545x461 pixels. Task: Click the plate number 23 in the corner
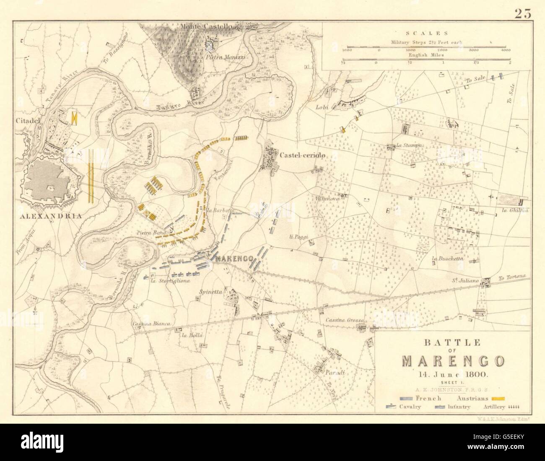(522, 13)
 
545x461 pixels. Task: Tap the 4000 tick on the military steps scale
(505, 50)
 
